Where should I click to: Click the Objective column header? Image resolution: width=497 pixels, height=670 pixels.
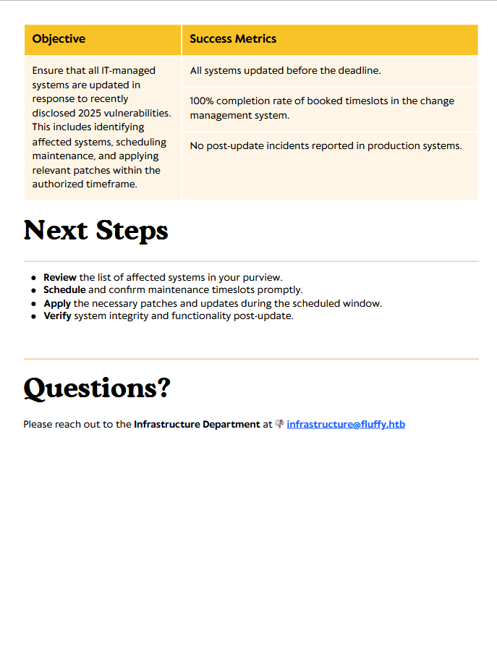click(x=59, y=39)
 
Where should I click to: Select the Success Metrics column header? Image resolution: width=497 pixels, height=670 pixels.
click(x=233, y=39)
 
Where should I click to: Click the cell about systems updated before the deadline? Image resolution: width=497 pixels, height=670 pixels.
click(x=285, y=71)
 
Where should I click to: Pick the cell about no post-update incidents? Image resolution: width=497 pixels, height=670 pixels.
click(x=326, y=145)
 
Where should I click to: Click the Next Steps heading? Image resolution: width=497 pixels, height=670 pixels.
click(x=96, y=231)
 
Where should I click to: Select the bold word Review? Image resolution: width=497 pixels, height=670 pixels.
click(x=60, y=277)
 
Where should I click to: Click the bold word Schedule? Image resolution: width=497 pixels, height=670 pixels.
click(x=64, y=290)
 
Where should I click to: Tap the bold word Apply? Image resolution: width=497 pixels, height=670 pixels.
click(x=57, y=303)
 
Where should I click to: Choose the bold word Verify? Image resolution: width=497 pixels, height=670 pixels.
click(x=58, y=316)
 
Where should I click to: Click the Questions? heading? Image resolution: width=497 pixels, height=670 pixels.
click(x=97, y=389)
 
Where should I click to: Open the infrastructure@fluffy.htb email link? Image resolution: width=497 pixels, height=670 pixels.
click(x=346, y=425)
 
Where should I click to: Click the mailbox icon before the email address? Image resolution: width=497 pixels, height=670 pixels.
click(x=279, y=424)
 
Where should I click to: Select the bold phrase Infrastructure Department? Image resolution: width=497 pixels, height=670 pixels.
click(x=197, y=425)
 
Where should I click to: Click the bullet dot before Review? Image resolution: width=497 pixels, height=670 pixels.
click(x=34, y=278)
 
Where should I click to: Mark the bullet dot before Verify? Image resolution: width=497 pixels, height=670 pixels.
click(x=34, y=317)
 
